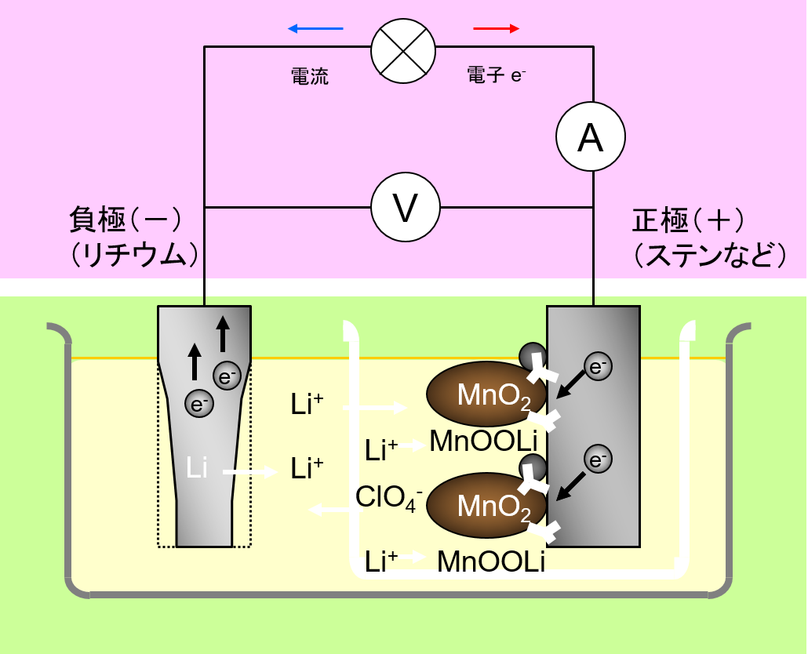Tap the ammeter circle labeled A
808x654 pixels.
[x=591, y=137]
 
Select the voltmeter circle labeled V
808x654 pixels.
[x=405, y=208]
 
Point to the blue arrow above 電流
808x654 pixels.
[x=315, y=29]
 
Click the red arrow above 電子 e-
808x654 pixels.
[x=496, y=29]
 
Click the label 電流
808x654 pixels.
[x=310, y=76]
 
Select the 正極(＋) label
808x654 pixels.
[x=688, y=221]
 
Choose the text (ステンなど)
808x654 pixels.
[x=709, y=254]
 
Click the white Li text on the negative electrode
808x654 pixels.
[x=197, y=469]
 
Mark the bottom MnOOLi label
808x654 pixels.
[x=491, y=561]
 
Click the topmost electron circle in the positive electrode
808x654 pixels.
[x=599, y=365]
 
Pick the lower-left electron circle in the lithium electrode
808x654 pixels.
[x=198, y=405]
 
